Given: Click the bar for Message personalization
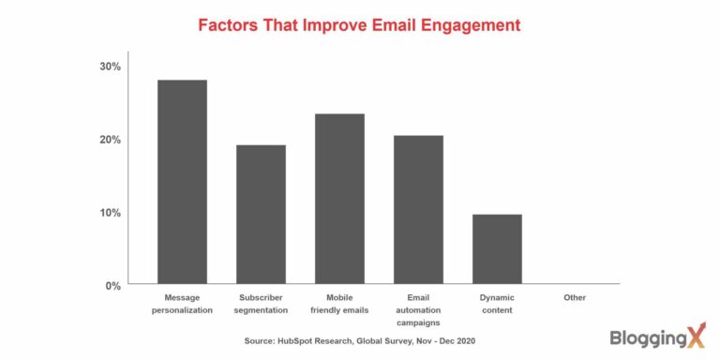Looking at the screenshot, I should [182, 182].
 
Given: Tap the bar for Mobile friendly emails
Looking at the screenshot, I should [339, 199].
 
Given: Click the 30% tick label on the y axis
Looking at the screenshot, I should [111, 67].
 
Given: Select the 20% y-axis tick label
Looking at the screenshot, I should [111, 140].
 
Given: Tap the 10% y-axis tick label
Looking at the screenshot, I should [111, 213].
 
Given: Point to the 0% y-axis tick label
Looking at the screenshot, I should [113, 285].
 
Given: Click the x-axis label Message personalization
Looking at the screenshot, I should [182, 303].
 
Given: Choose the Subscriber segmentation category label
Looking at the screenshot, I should [261, 303].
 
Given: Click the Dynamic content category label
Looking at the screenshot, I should [497, 303].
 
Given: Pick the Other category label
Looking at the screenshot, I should [575, 297].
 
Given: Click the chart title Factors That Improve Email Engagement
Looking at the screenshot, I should [359, 25].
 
